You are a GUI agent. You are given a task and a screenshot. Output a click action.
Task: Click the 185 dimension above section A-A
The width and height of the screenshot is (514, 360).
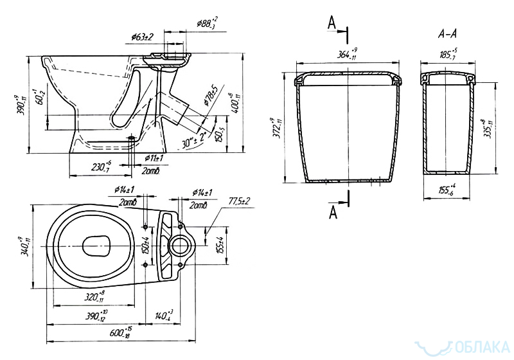449,54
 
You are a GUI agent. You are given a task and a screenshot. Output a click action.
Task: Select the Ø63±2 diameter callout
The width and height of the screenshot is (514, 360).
144,37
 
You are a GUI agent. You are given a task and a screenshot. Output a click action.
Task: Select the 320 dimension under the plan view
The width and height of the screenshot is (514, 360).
94,297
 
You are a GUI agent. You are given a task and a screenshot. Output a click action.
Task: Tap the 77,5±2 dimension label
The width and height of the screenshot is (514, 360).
239,202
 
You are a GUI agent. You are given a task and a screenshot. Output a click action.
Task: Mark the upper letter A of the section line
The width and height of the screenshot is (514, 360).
332,23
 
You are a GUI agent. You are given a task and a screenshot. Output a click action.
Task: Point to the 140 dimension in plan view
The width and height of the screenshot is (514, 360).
164,315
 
